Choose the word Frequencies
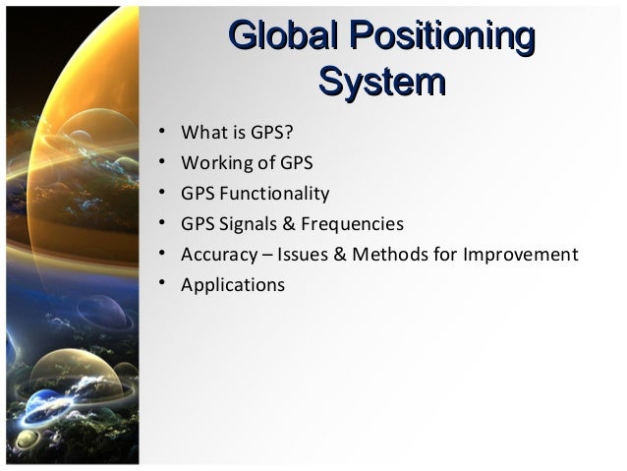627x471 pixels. (x=352, y=223)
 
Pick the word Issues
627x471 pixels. (x=305, y=255)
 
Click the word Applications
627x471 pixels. (x=233, y=286)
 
